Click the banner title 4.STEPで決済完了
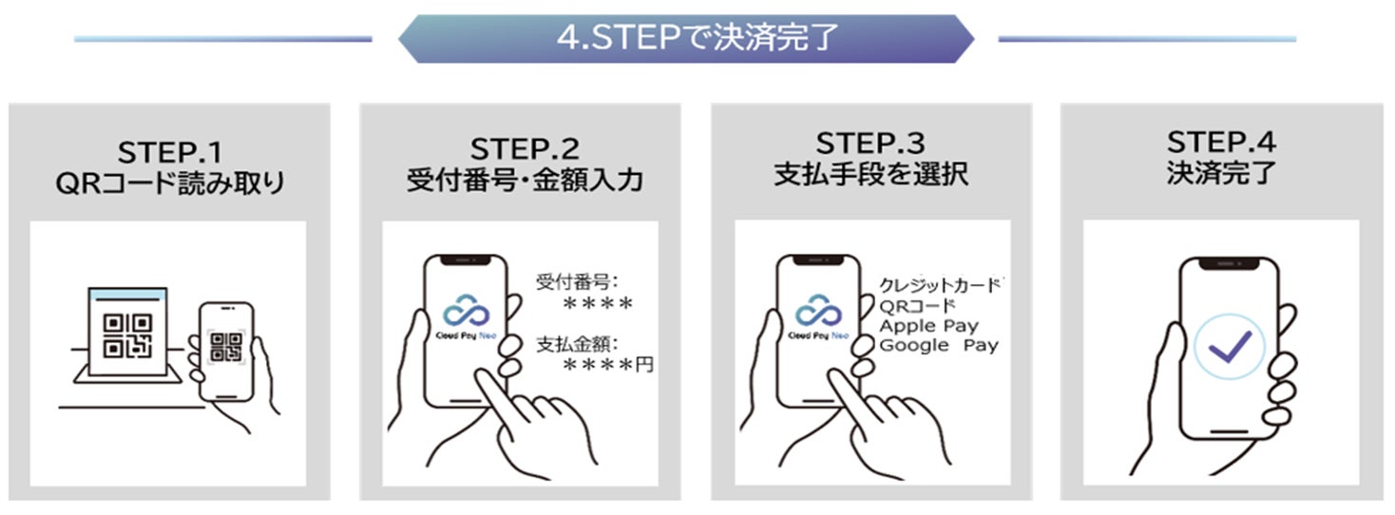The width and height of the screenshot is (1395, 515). tap(697, 37)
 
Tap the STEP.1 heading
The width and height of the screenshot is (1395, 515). tap(170, 153)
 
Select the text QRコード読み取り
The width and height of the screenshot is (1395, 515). tap(170, 183)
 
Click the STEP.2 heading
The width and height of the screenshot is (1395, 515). tap(525, 149)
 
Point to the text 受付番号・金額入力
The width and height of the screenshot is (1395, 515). tap(525, 180)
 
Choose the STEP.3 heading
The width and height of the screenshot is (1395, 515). tap(870, 143)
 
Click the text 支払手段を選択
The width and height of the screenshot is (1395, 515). tap(870, 174)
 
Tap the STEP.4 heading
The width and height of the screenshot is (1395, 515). tap(1222, 143)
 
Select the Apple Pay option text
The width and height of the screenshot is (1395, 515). tap(928, 326)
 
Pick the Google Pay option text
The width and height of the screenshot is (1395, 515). tap(939, 346)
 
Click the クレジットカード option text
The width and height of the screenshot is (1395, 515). tap(941, 285)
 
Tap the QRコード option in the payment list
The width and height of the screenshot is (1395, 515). tap(917, 306)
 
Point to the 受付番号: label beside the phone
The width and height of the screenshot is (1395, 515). tap(577, 282)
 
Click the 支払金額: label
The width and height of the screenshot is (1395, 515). tap(577, 344)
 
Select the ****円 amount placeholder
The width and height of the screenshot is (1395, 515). tap(608, 365)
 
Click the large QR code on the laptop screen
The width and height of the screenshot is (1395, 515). tap(127, 336)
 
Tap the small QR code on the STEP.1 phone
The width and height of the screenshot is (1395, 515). tap(226, 347)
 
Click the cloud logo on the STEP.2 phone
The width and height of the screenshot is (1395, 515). tap(466, 310)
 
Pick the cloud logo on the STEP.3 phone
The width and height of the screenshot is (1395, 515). tap(818, 310)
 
